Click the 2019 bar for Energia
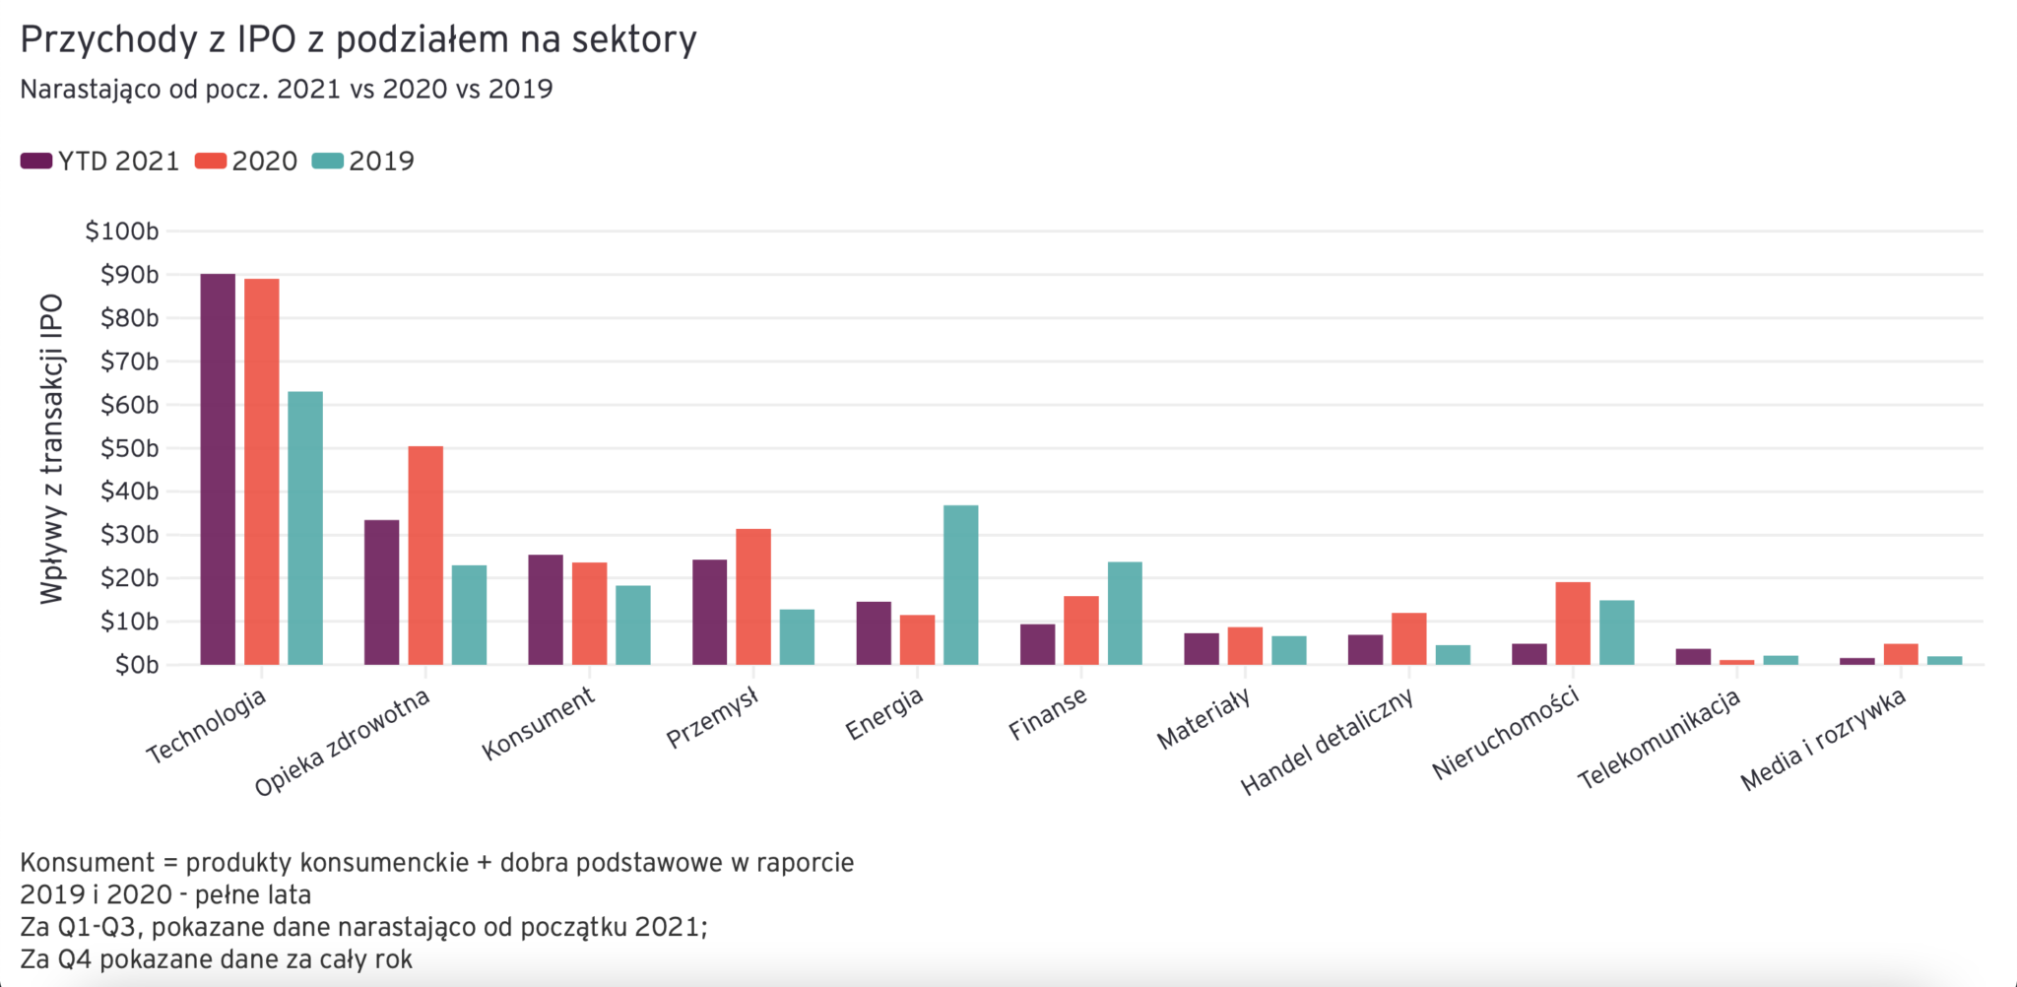click(960, 585)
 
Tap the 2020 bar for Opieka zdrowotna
click(425, 556)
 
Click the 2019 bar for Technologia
click(305, 528)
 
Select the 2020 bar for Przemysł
click(753, 597)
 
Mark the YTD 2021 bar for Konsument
click(546, 610)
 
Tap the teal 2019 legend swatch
click(327, 162)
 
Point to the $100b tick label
click(122, 231)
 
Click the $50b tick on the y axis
click(129, 448)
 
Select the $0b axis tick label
click(136, 665)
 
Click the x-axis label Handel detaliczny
click(1327, 742)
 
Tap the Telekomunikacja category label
click(1659, 739)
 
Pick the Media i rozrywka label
click(1823, 740)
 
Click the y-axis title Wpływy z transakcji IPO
click(51, 448)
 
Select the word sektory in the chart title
click(634, 39)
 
